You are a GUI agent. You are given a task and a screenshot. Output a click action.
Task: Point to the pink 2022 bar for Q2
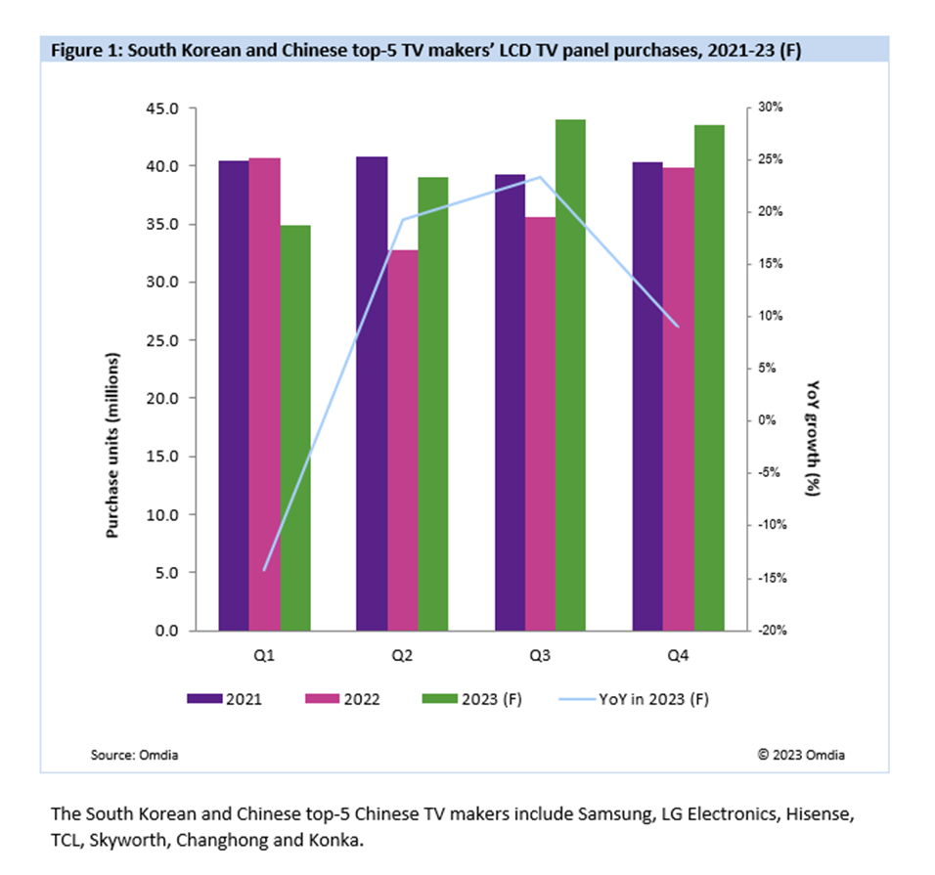pyautogui.click(x=402, y=440)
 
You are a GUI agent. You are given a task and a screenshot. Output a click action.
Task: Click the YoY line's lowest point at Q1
pyautogui.click(x=264, y=569)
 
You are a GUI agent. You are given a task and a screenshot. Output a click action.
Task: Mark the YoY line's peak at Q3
pyautogui.click(x=540, y=177)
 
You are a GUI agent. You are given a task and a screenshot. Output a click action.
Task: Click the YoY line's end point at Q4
pyautogui.click(x=678, y=327)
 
